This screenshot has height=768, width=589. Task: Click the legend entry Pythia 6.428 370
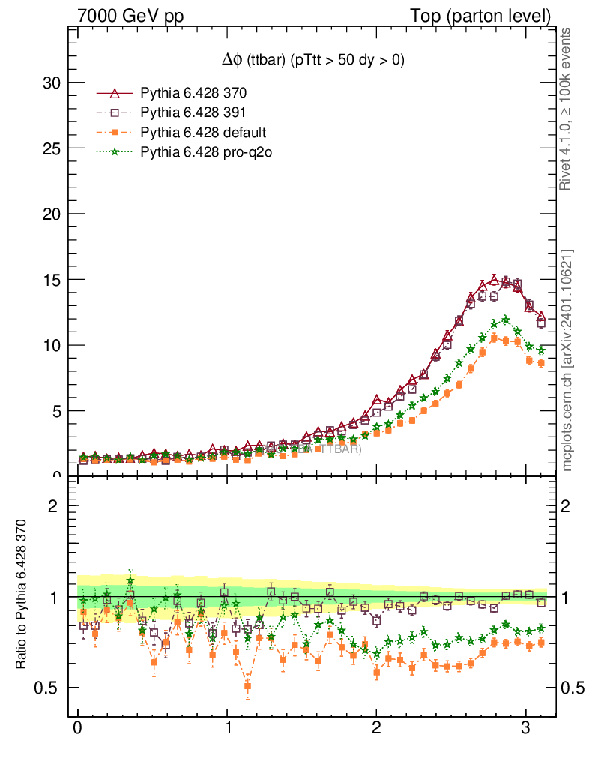(193, 94)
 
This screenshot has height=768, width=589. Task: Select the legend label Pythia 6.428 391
(193, 113)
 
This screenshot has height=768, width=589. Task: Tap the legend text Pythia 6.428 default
(203, 133)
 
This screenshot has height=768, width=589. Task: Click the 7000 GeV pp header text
(130, 16)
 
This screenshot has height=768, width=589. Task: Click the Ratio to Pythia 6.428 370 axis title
(21, 605)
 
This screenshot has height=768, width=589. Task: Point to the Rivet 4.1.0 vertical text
(567, 109)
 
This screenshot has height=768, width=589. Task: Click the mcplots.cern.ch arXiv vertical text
(567, 360)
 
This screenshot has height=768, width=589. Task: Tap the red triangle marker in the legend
(115, 94)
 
